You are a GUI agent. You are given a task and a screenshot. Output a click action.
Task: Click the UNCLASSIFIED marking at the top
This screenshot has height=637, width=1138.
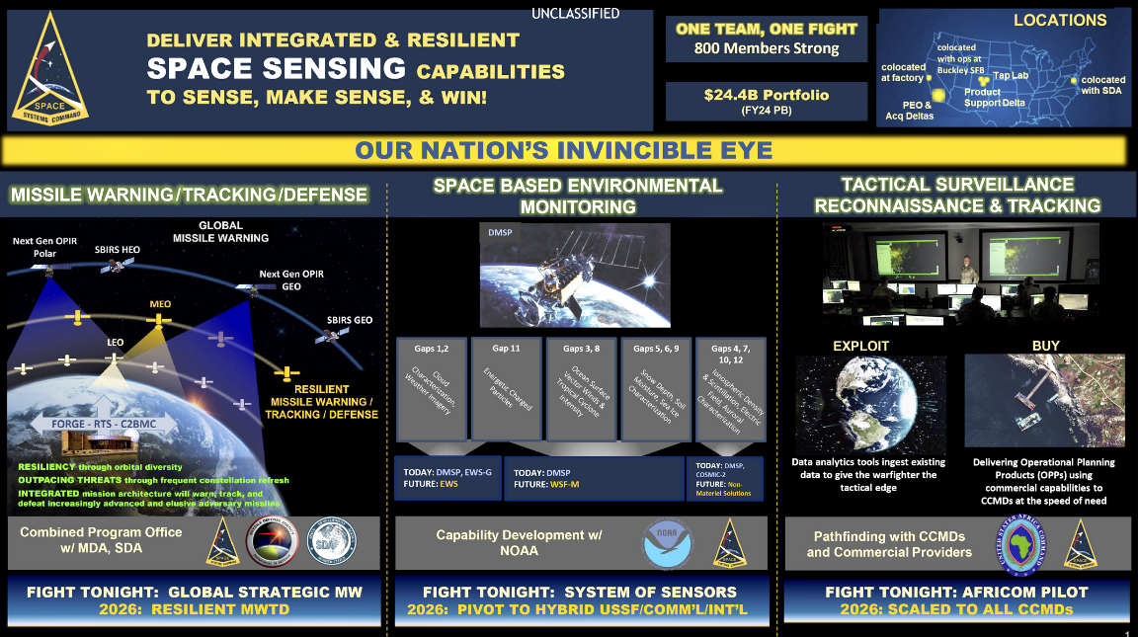[575, 14]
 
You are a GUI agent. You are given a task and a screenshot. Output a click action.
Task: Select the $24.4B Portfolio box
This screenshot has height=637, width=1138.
[767, 102]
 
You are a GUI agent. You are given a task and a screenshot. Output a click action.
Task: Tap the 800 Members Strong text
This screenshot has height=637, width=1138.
[767, 48]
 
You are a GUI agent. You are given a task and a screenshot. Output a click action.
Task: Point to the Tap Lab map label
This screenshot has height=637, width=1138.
[1010, 76]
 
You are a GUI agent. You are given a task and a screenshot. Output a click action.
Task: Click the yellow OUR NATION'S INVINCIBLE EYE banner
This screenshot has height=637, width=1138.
[564, 151]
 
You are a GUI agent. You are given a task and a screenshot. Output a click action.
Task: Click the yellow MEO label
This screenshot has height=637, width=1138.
[160, 303]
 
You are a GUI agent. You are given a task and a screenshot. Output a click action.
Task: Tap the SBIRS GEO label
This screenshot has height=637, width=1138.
[350, 321]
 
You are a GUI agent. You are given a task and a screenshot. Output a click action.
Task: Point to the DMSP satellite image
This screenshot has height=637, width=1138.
[575, 275]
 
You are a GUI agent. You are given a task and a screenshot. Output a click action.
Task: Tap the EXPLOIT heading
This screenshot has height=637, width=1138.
[860, 347]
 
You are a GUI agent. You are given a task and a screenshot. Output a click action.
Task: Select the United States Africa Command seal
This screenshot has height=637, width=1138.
[1016, 544]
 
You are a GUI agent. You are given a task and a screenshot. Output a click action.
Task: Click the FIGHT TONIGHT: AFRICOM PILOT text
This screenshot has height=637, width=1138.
[956, 592]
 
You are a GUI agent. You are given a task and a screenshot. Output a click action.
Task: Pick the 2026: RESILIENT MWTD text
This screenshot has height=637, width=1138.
[195, 609]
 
